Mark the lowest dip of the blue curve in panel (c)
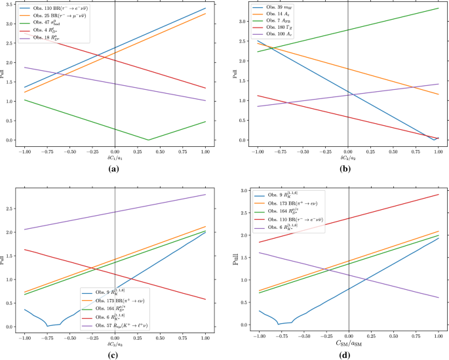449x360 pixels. coord(48,325)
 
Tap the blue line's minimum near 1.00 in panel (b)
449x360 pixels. coord(434,140)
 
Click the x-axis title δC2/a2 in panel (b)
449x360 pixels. coord(348,158)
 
